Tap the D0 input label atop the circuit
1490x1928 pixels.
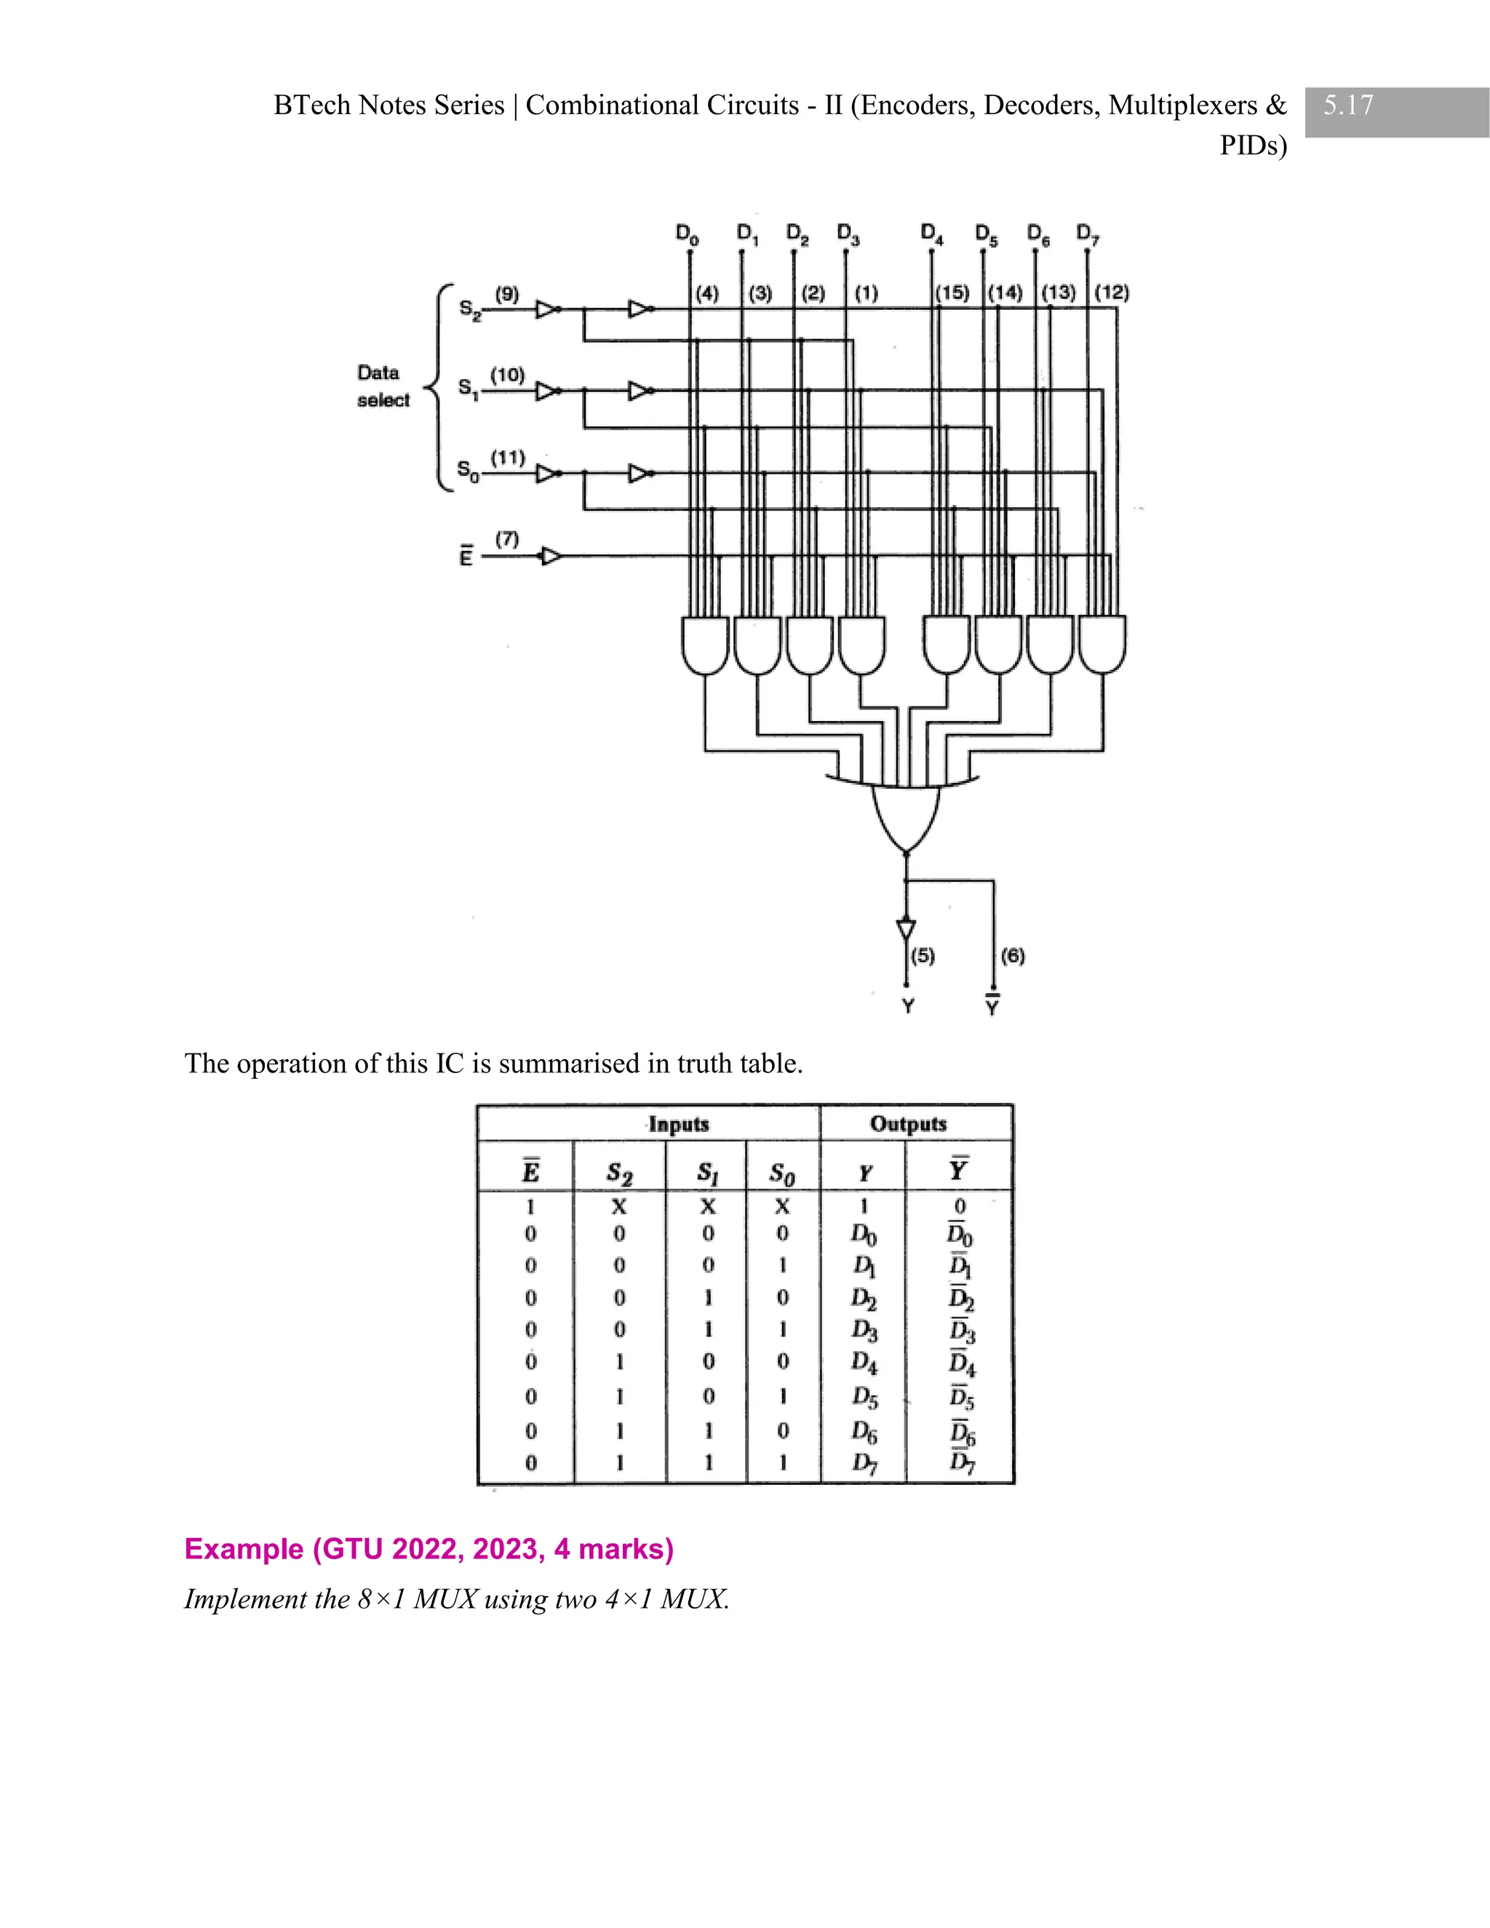pos(687,234)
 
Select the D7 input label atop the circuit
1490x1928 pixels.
pos(1088,235)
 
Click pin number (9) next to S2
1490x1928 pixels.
pos(506,294)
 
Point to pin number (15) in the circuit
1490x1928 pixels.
pos(952,293)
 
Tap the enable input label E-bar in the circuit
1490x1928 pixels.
pos(465,556)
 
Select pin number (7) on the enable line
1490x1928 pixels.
pos(506,538)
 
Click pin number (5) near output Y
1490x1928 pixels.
pos(923,955)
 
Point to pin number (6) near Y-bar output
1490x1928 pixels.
pos(1013,955)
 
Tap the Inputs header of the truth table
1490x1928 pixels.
pos(678,1124)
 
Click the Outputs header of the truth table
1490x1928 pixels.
pos(908,1124)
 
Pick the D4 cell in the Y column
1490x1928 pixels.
pos(864,1363)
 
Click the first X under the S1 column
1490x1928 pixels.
pos(708,1206)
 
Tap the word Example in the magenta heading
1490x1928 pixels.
pos(243,1549)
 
